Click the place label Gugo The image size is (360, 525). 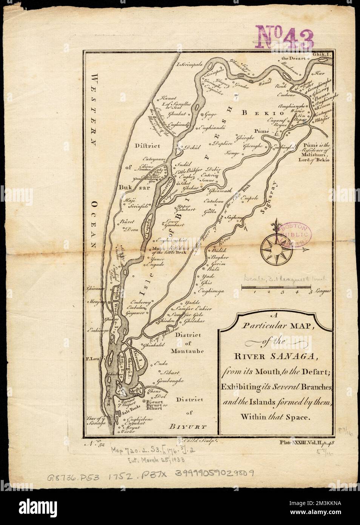(211, 113)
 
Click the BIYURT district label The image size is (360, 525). (186, 428)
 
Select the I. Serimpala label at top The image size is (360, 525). (190, 65)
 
